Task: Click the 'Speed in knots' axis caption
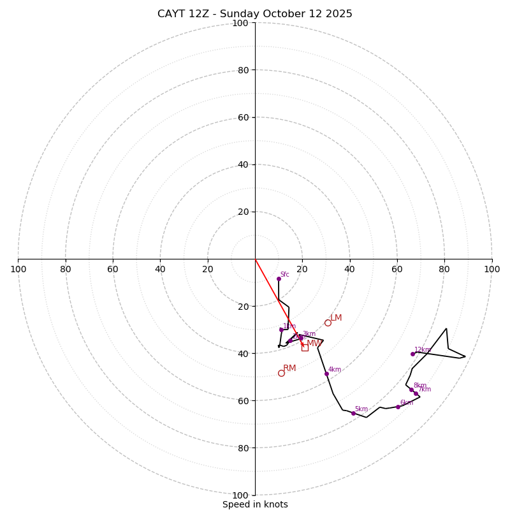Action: pyautogui.click(x=255, y=504)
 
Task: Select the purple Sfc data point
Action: pyautogui.click(x=279, y=279)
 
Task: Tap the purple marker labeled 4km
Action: pyautogui.click(x=326, y=374)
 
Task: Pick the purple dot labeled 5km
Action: pyautogui.click(x=353, y=413)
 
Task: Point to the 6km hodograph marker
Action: pyautogui.click(x=398, y=407)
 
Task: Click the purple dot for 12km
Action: pyautogui.click(x=412, y=354)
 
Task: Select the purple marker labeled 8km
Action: pyautogui.click(x=411, y=390)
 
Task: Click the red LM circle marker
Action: pyautogui.click(x=328, y=323)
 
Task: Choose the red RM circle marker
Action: pyautogui.click(x=281, y=373)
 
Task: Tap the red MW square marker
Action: pyautogui.click(x=305, y=347)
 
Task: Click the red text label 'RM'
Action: pyautogui.click(x=289, y=368)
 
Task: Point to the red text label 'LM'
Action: pyautogui.click(x=336, y=317)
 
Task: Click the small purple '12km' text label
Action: pyautogui.click(x=423, y=349)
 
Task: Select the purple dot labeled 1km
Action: pyautogui.click(x=281, y=330)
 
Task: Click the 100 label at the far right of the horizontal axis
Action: pyautogui.click(x=492, y=269)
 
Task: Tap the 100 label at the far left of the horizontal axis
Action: pyautogui.click(x=18, y=269)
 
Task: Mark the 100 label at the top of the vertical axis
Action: pyautogui.click(x=240, y=23)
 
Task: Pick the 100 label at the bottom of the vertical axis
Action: pyautogui.click(x=240, y=495)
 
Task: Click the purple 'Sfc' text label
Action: pyautogui.click(x=285, y=274)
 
